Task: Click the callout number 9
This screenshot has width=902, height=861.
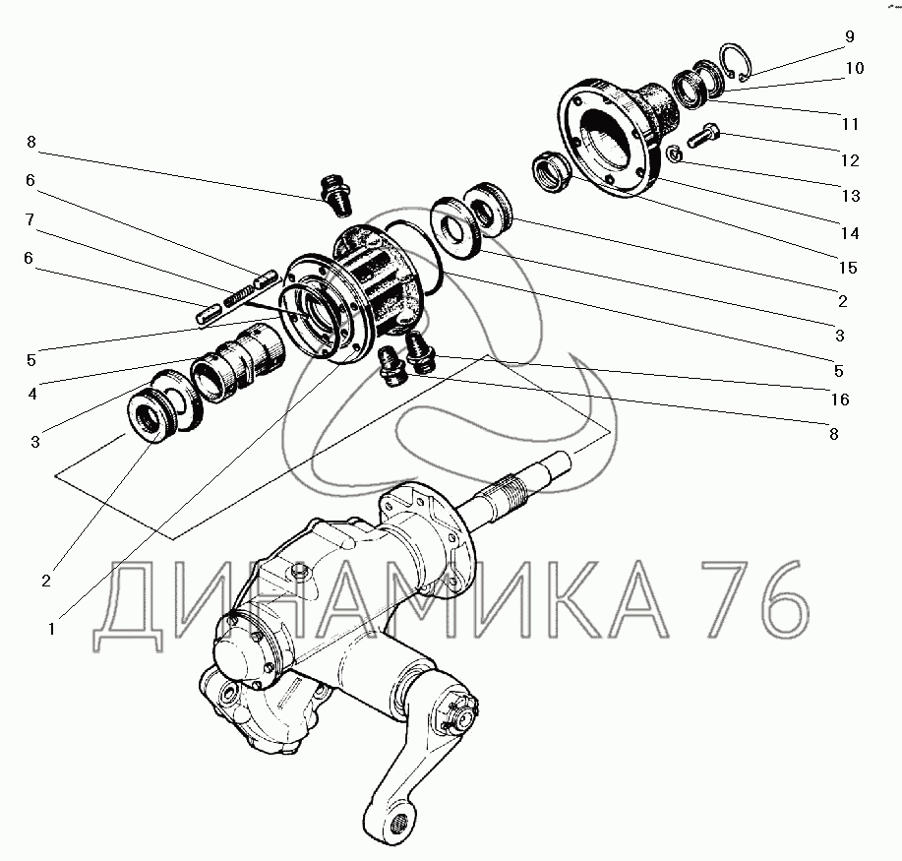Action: pyautogui.click(x=850, y=36)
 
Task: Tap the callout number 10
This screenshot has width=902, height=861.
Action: pyautogui.click(x=855, y=68)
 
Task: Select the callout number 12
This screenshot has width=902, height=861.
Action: pyautogui.click(x=850, y=160)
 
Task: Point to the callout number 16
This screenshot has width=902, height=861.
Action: pyautogui.click(x=840, y=400)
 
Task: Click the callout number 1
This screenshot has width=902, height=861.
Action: pyautogui.click(x=52, y=629)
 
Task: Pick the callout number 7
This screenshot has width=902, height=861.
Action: pyautogui.click(x=30, y=219)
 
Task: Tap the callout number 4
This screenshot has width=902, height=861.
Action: pyautogui.click(x=32, y=394)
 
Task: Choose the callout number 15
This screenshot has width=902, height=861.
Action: pyautogui.click(x=848, y=268)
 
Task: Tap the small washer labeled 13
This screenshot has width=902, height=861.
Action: pyautogui.click(x=674, y=154)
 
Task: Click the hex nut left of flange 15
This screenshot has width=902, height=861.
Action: pyautogui.click(x=551, y=171)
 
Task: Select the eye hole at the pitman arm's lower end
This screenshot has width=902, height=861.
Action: pyautogui.click(x=396, y=825)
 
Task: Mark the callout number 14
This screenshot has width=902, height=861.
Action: pyautogui.click(x=850, y=233)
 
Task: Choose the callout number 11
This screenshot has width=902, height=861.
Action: pyautogui.click(x=850, y=124)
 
